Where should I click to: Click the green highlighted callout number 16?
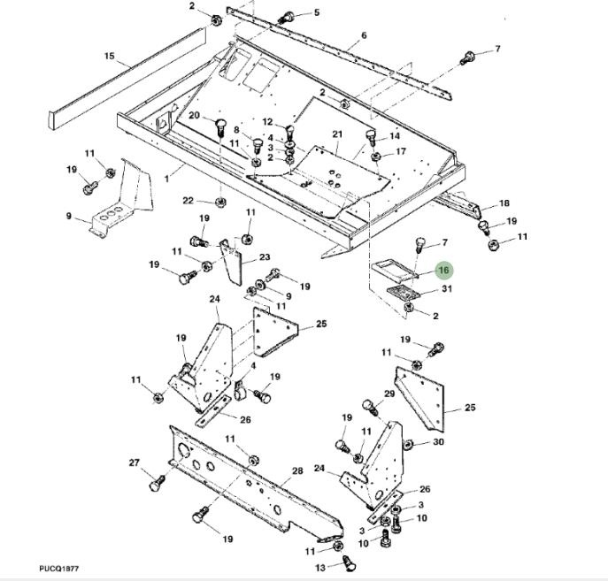444,270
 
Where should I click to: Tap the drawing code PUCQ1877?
59,569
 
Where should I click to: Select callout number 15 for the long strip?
110,56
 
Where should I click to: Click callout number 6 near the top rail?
364,35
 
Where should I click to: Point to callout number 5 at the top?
317,12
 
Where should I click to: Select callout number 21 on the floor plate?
337,134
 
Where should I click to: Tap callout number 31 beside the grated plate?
447,288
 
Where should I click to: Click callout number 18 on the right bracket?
504,203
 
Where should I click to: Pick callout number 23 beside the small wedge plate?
265,256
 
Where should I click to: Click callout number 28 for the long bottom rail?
297,471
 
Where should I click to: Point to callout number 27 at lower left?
134,463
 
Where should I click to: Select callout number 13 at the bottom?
319,568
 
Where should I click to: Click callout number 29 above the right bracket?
389,394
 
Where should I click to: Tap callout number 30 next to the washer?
438,441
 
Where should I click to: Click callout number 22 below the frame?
188,200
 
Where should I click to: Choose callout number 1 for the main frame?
166,179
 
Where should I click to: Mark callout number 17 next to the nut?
401,151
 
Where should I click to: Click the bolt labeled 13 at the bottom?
350,562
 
